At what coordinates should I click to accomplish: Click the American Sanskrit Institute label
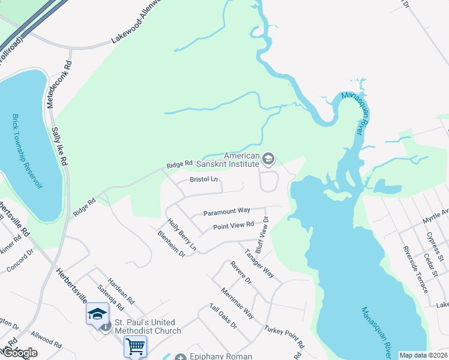pos(241,159)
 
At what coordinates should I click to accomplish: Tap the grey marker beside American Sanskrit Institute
pos(268,159)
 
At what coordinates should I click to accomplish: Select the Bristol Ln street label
pos(204,179)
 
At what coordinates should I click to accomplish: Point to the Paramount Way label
pos(226,211)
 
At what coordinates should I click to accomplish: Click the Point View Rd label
pos(234,226)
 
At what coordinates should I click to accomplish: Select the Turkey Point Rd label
pos(285,337)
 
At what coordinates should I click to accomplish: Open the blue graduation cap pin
pos(97,314)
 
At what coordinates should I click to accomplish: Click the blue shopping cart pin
pos(135,346)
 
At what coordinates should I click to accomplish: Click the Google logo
pos(20,353)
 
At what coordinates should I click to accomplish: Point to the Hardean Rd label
pos(121,290)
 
